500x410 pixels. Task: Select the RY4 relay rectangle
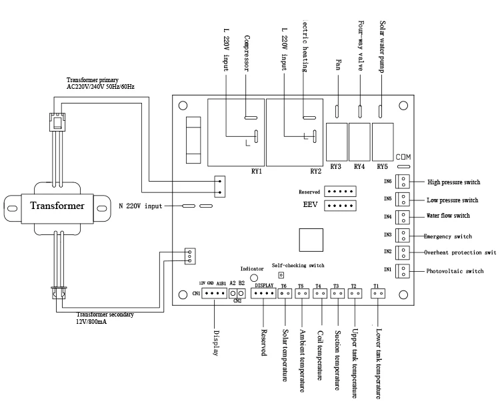(x=359, y=139)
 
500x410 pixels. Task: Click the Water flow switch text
(x=448, y=216)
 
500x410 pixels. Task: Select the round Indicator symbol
(x=253, y=277)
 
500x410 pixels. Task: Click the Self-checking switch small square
(x=281, y=274)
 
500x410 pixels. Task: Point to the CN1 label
(x=196, y=294)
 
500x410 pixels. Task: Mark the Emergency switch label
(x=448, y=236)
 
